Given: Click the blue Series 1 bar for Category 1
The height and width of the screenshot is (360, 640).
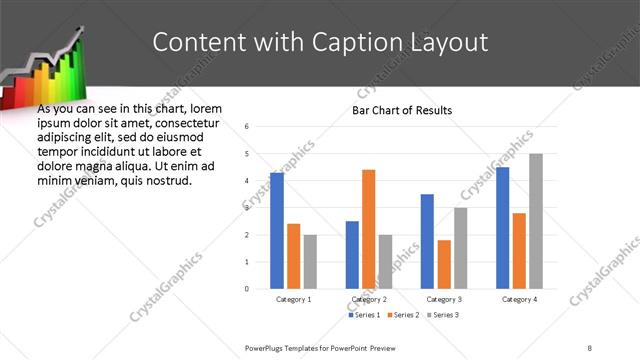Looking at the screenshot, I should tap(277, 230).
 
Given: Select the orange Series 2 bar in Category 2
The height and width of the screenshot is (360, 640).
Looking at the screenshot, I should tap(368, 229).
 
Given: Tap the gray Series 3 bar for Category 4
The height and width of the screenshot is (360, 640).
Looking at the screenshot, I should tap(536, 221).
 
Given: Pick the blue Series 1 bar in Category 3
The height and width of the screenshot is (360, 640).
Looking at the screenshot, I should tap(427, 241).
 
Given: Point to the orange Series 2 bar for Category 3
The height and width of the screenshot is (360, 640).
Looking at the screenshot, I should tap(444, 264).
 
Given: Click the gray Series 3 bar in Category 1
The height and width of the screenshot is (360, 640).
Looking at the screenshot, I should tap(310, 261).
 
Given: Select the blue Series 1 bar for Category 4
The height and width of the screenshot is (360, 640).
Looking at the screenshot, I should tap(502, 228).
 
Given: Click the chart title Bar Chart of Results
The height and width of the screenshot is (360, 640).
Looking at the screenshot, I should tap(401, 110).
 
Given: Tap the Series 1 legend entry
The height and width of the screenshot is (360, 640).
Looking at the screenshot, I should tap(364, 315).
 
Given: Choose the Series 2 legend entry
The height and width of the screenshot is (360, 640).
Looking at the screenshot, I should tap(402, 315).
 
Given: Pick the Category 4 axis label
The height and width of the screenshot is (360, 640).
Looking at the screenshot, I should tap(519, 299).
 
